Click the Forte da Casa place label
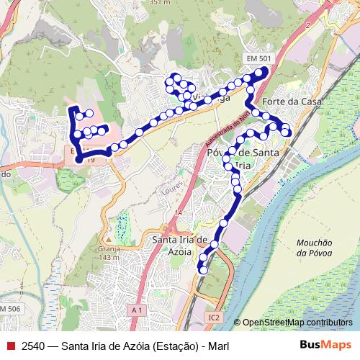pos(292,102)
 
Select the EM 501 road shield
pos(259,58)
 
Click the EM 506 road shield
pos(12,308)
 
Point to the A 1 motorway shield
pos(138,310)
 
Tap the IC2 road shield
pos(213,317)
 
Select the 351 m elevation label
pos(161,3)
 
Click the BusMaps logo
pos(325,346)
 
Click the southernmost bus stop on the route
pos(203,271)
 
